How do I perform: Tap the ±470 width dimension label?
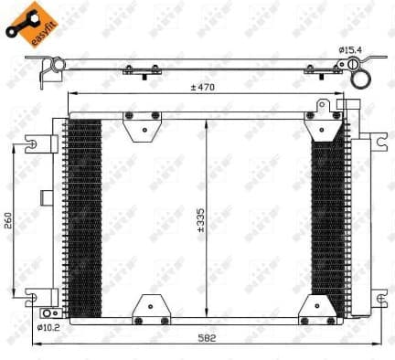point(202,87)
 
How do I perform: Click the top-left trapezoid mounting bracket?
point(141,126)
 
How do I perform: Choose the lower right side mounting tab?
point(376,292)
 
